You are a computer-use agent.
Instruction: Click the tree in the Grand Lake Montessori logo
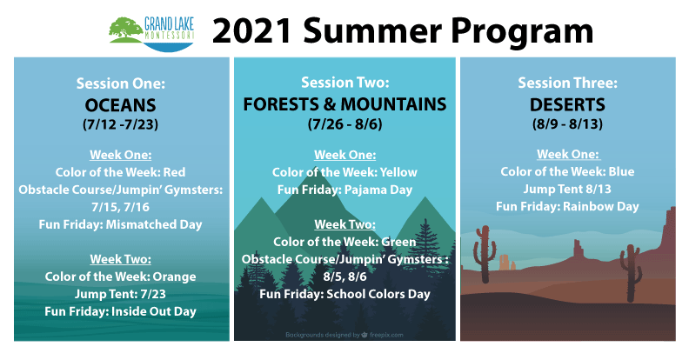click(125, 28)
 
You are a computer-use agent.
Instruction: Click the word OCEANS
click(120, 105)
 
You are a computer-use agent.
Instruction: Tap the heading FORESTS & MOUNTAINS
click(345, 104)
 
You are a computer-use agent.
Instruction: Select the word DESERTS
click(567, 105)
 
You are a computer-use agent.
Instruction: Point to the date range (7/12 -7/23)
click(120, 124)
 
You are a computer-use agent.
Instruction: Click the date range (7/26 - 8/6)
click(345, 124)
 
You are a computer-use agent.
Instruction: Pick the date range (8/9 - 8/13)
click(567, 123)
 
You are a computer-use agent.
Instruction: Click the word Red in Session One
click(174, 172)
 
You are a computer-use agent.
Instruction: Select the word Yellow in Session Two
click(398, 172)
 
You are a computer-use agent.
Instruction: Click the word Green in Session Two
click(398, 242)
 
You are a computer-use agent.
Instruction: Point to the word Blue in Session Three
click(621, 171)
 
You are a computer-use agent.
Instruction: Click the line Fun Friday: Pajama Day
click(345, 190)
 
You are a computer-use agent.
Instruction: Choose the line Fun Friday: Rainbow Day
click(567, 207)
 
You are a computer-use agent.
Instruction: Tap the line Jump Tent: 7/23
click(120, 294)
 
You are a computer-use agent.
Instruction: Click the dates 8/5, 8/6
click(345, 277)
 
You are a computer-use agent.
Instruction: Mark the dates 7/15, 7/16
click(120, 207)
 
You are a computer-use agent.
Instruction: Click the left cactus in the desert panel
click(485, 254)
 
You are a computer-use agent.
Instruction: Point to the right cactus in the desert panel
click(631, 272)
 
